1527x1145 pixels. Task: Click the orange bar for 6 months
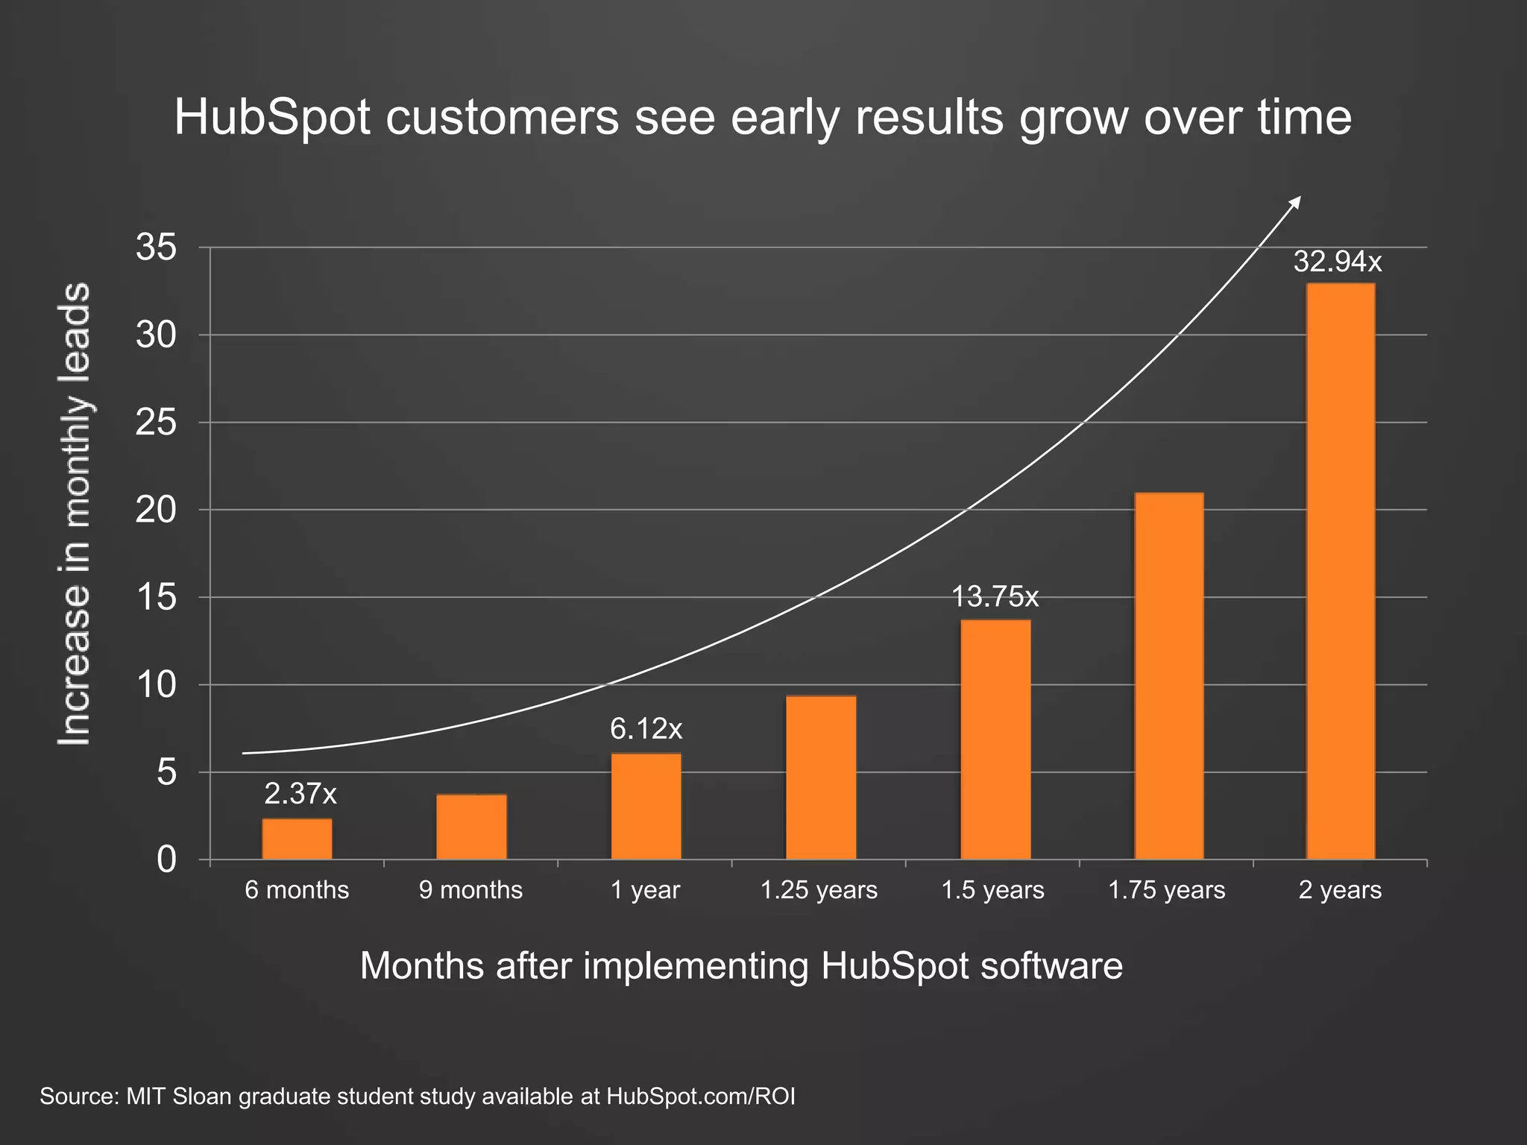(297, 839)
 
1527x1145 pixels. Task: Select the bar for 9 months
(471, 827)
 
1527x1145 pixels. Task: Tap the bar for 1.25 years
(821, 777)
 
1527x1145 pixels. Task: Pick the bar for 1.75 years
(1168, 676)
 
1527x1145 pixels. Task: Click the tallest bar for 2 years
(1341, 571)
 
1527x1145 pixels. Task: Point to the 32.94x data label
(1338, 262)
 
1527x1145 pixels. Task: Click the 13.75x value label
(995, 597)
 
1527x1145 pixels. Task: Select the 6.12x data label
(646, 729)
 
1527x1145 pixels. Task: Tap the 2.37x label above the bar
(300, 795)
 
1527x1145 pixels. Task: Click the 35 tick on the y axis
(157, 247)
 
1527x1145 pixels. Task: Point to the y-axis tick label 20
(157, 510)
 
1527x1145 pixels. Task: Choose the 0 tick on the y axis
(166, 860)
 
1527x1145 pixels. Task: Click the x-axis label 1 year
(645, 890)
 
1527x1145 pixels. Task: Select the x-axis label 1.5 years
(992, 890)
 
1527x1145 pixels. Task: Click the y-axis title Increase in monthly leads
(75, 514)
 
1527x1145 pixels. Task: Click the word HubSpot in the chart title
(272, 118)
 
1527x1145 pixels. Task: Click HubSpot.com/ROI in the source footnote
(700, 1097)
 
